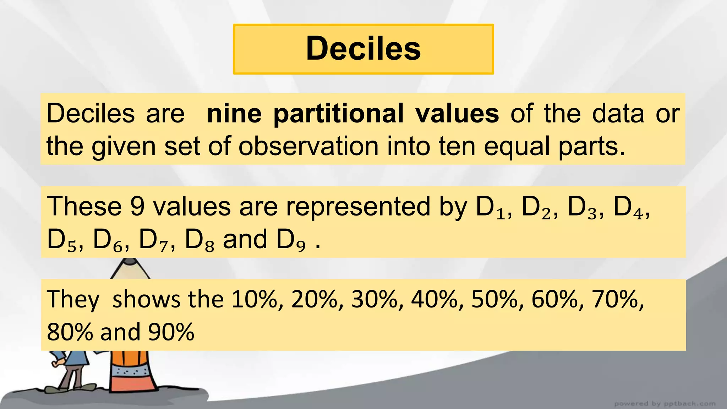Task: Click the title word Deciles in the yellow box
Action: tap(363, 49)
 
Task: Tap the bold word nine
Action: tap(234, 114)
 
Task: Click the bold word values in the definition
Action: tap(457, 114)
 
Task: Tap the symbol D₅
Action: tap(61, 240)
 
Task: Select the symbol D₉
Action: tap(291, 240)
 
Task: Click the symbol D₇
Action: tap(153, 240)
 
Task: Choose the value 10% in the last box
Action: tap(255, 299)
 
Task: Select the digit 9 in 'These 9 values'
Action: tap(137, 207)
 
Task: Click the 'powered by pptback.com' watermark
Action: tap(665, 404)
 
